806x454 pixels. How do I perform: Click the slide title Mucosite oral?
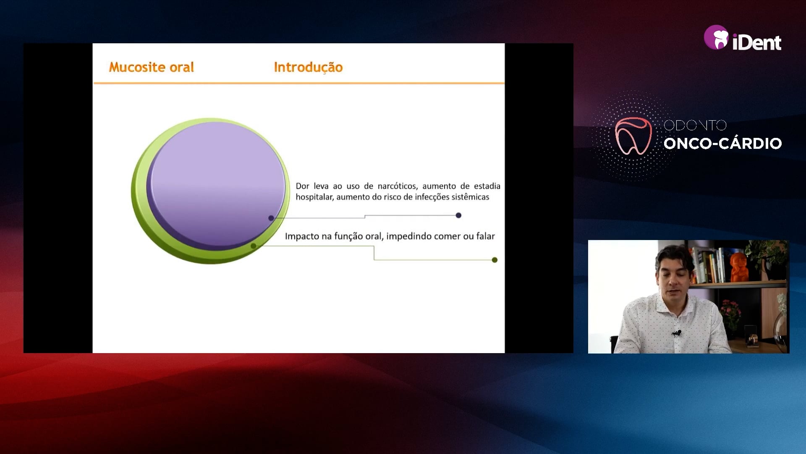point(152,67)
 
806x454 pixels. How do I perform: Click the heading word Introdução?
point(308,67)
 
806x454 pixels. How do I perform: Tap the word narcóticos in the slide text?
point(398,186)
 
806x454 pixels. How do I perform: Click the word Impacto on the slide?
point(302,236)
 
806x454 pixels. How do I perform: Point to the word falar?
point(485,236)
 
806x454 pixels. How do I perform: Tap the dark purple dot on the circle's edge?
point(271,218)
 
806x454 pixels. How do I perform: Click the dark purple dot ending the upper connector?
point(458,215)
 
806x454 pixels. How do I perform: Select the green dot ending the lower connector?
point(495,260)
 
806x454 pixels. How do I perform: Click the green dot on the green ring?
point(253,246)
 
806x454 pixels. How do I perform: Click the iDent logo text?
point(756,42)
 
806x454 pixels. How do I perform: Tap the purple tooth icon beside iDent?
point(716,37)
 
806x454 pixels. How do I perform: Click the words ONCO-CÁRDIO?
point(722,143)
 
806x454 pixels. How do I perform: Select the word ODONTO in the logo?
point(695,125)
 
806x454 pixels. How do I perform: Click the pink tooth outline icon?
point(633,135)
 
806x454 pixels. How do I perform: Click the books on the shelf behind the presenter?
point(710,265)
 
